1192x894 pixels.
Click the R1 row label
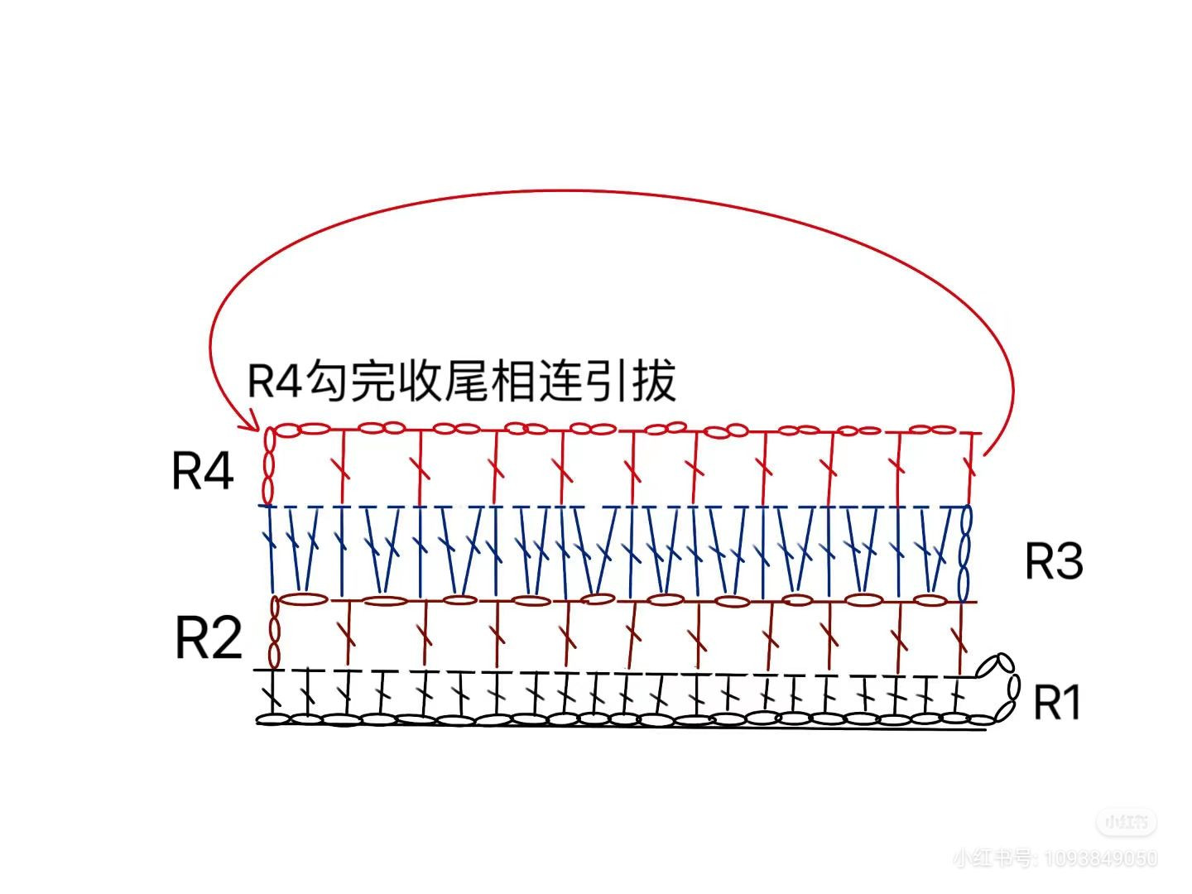(1058, 704)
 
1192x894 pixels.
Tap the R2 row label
(209, 637)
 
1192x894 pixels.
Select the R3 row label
(1054, 561)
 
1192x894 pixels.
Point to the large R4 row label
(203, 471)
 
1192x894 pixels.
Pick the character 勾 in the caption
(326, 382)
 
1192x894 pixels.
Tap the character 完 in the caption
(372, 382)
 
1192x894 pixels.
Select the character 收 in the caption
(420, 382)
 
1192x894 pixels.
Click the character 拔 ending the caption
(654, 382)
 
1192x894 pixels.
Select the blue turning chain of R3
(965, 553)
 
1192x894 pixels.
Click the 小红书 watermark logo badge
(1126, 822)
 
